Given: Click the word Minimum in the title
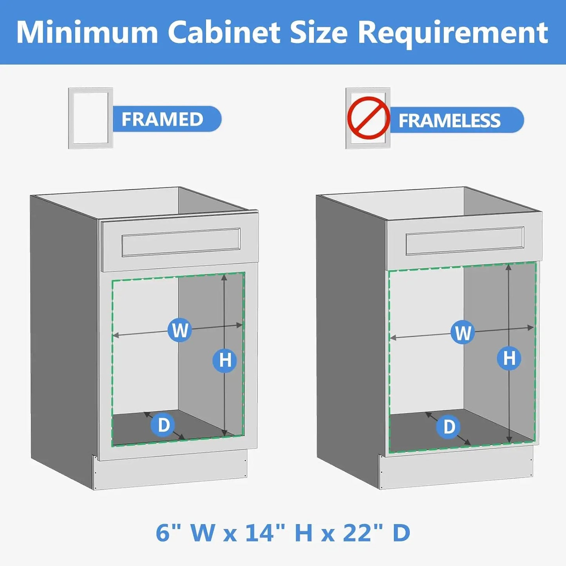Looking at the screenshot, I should (87, 32).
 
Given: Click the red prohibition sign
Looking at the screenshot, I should (368, 118).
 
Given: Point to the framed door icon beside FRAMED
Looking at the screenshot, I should (90, 118).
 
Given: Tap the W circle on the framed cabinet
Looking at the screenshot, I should (179, 330).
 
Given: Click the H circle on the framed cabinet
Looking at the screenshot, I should (225, 360).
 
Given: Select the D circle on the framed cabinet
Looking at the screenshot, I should (163, 425).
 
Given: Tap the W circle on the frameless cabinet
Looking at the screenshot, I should (463, 333).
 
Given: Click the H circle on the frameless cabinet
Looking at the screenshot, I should (509, 358).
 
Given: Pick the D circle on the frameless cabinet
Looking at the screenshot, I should (449, 427).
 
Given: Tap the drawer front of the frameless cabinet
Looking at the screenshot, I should (465, 241).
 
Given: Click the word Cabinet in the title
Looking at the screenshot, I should (224, 32).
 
